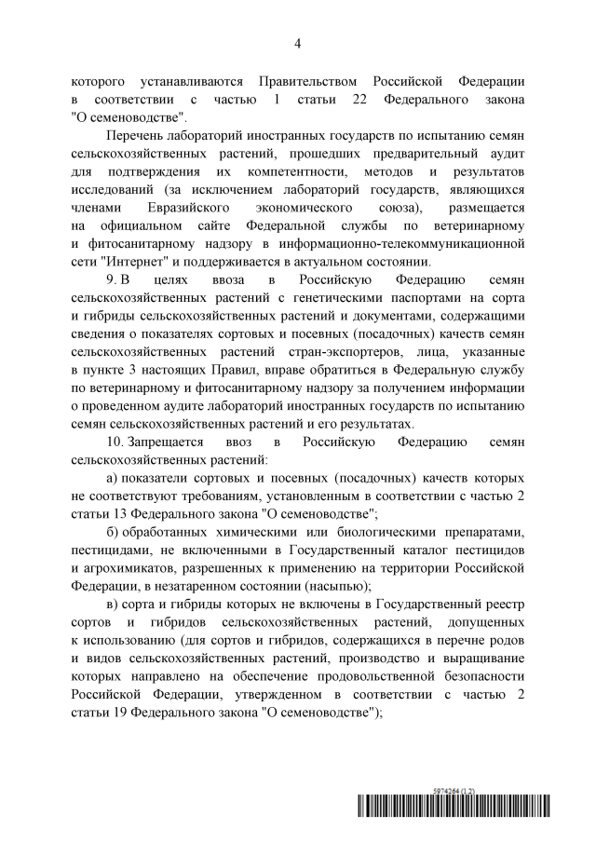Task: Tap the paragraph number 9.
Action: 113,279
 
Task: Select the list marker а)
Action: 114,476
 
